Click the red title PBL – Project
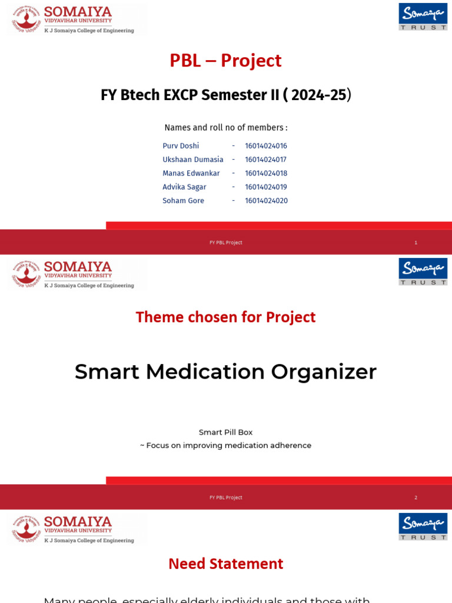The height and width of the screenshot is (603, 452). (225, 61)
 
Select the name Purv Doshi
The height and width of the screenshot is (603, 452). (181, 146)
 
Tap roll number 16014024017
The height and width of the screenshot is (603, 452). (265, 160)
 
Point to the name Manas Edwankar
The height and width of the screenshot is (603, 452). (191, 173)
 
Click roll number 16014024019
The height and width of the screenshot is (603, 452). (265, 187)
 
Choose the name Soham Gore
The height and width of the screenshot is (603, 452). (183, 201)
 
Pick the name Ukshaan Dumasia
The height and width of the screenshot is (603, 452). (192, 160)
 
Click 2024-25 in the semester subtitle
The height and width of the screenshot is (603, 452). (318, 95)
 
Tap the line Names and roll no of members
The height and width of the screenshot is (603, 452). (225, 128)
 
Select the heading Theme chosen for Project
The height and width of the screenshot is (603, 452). (225, 317)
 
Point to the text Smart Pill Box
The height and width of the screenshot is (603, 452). (225, 432)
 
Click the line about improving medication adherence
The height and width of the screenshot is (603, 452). (225, 446)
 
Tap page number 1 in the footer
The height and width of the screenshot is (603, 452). (416, 243)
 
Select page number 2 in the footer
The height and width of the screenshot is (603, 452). (416, 498)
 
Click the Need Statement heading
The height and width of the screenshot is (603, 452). (225, 564)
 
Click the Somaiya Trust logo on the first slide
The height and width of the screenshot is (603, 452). (423, 16)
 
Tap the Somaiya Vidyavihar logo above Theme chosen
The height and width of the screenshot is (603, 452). (74, 274)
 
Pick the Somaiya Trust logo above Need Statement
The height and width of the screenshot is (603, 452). (423, 526)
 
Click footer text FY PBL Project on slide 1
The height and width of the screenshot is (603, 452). (225, 243)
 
